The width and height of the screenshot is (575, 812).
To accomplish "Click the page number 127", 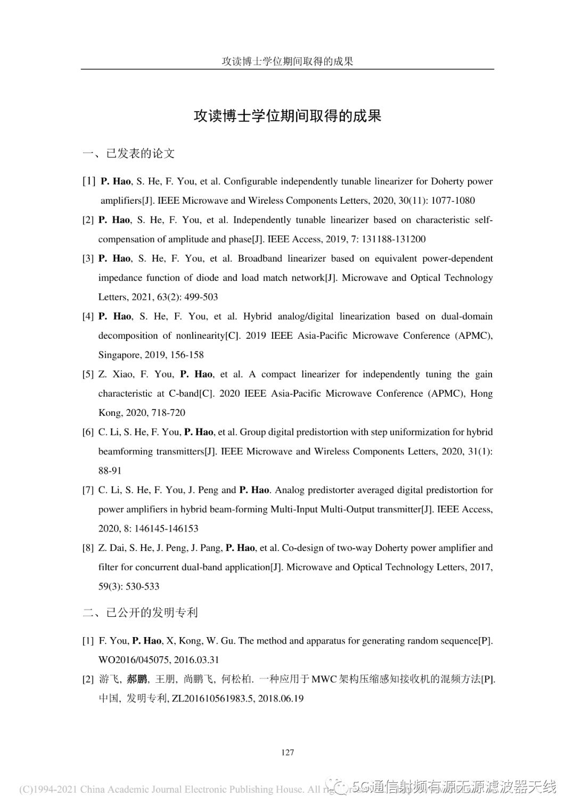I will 287,752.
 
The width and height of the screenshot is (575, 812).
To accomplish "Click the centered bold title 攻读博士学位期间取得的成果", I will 287,116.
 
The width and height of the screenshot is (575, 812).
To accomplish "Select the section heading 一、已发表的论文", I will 129,154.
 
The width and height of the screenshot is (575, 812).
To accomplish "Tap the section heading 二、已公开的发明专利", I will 141,613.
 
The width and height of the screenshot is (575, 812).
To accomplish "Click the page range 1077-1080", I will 453,200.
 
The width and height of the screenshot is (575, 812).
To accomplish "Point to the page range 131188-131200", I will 393,239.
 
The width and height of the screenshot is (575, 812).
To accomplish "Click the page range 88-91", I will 110,471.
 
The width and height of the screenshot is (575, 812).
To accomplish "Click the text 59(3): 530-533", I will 129,587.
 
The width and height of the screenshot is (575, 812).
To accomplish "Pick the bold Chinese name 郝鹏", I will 137,679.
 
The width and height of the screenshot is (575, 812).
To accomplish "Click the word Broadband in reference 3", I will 260,258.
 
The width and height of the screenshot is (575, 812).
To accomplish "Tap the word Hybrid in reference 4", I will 257,316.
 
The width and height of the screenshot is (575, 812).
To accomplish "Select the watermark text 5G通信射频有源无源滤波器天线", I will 454,786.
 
